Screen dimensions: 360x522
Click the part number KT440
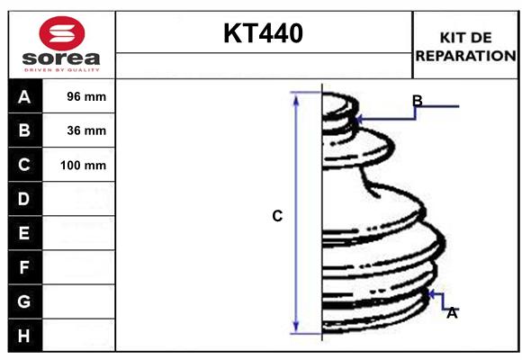263,33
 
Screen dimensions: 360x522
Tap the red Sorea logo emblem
62,34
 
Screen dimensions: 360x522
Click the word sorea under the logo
62,58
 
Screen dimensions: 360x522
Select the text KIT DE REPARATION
465,46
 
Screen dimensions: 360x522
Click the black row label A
24,96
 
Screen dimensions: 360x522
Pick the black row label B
24,130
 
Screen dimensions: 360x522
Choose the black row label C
24,165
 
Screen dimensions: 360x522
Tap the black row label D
24,199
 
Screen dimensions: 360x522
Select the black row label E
24,233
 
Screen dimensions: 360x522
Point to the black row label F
24,267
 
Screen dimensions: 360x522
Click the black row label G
24,301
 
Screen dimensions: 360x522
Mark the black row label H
24,336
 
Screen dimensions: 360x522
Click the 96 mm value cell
86,96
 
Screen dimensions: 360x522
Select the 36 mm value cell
86,130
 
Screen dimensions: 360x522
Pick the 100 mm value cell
83,165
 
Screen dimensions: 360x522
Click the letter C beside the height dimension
277,216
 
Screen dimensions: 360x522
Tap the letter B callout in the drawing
417,100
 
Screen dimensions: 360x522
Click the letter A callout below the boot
452,312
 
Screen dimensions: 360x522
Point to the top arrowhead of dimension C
294,95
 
